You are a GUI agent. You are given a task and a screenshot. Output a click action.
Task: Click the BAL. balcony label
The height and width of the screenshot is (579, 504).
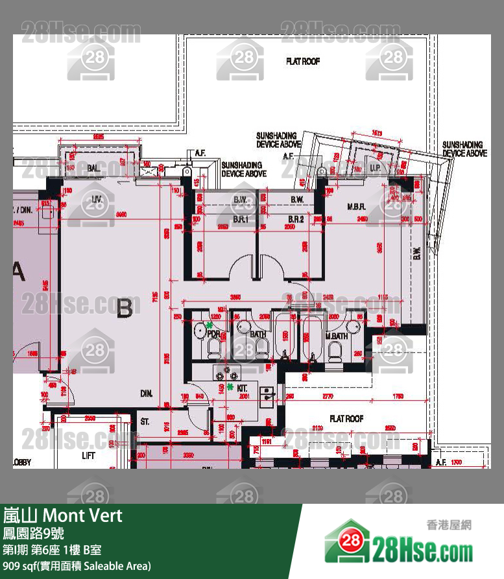[93, 169]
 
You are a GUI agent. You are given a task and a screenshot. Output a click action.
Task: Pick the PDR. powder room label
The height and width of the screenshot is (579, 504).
[213, 334]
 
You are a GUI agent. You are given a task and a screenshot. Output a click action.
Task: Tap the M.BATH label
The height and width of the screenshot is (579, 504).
[337, 336]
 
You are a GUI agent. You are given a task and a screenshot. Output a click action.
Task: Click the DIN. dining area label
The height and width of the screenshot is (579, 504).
[146, 393]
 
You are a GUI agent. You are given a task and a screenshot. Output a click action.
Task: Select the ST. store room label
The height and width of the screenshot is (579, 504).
[145, 422]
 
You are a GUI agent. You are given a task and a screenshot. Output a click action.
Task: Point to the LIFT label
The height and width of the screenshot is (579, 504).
[89, 455]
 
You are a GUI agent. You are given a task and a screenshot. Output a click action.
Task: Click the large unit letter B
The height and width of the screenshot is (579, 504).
[125, 309]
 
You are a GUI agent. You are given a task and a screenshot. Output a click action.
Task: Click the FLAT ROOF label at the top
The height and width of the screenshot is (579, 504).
[303, 62]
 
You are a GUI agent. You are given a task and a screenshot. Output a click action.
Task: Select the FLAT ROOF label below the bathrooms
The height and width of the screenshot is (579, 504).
[346, 419]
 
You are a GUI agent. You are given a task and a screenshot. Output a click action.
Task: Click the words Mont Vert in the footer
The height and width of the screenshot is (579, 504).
[82, 516]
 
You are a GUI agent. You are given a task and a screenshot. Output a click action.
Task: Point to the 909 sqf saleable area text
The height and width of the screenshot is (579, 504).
[77, 566]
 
